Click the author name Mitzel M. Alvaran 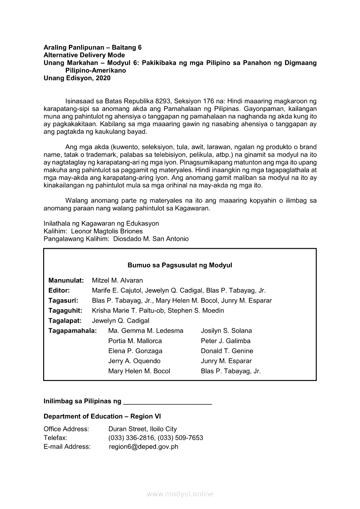pyautogui.click(x=117, y=280)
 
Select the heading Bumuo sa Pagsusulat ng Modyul pyautogui.click(x=180, y=265)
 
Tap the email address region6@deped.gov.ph pyautogui.click(x=143, y=446)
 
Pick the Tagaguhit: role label pyautogui.click(x=65, y=310)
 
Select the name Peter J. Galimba pyautogui.click(x=226, y=341)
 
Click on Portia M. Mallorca pyautogui.click(x=135, y=341)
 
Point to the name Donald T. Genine pyautogui.click(x=227, y=351)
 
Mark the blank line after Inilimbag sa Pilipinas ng pyautogui.click(x=168, y=401)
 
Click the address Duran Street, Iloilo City pyautogui.click(x=143, y=429)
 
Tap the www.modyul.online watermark pyautogui.click(x=180, y=494)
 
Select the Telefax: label pyautogui.click(x=55, y=438)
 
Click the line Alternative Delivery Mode pyautogui.click(x=84, y=55)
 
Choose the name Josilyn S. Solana pyautogui.click(x=226, y=331)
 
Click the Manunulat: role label pyautogui.click(x=66, y=280)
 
